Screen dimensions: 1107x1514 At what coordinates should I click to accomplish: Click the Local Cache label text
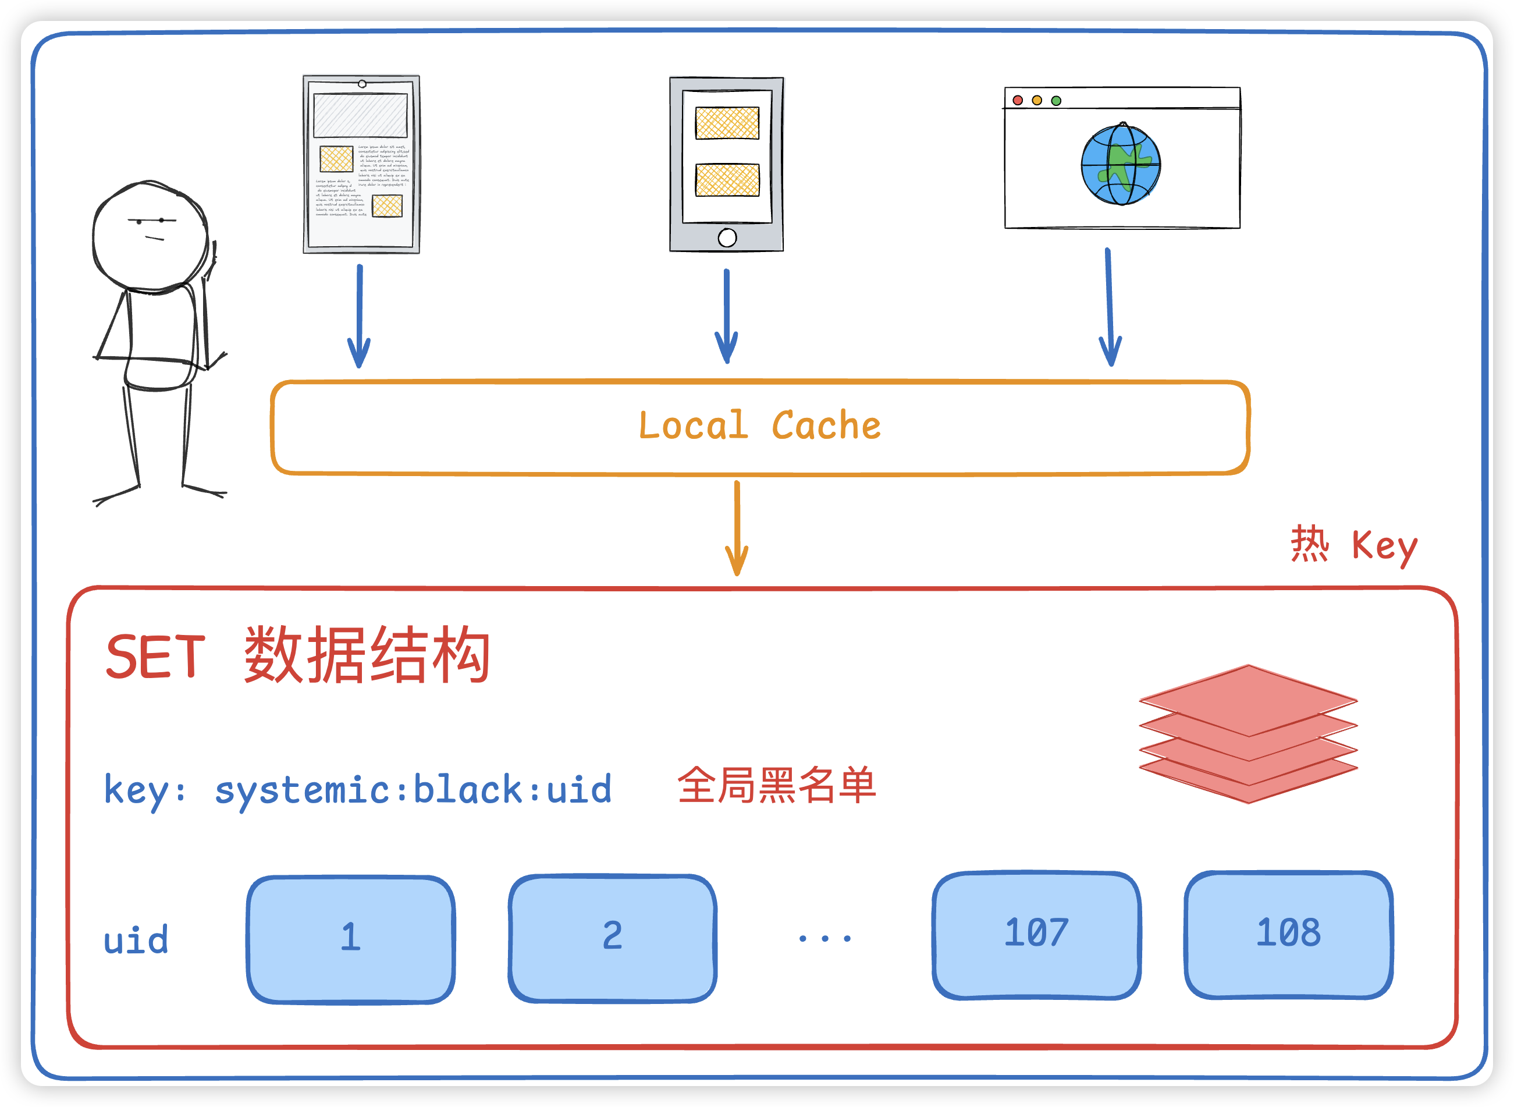point(760,426)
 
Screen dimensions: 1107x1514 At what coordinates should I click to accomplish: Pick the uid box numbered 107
point(1036,934)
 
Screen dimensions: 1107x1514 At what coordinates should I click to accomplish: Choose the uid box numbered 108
point(1288,934)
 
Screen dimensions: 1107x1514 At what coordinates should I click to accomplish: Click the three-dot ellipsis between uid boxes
point(824,938)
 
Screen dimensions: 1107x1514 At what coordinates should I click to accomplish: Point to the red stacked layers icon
point(1248,734)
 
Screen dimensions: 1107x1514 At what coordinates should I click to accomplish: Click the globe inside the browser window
point(1121,165)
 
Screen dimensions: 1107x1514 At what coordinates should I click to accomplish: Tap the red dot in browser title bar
point(1018,101)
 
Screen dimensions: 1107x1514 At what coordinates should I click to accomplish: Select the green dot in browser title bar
point(1057,101)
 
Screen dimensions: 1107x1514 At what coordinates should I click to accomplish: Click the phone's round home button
point(727,237)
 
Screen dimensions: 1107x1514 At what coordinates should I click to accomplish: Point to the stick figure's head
point(150,235)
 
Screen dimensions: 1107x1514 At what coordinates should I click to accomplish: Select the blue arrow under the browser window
point(1110,308)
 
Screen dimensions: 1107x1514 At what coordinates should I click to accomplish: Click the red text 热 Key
point(1355,545)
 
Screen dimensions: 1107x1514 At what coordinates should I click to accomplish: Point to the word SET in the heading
point(155,657)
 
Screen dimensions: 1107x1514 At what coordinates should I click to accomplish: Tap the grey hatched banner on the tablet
point(360,116)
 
